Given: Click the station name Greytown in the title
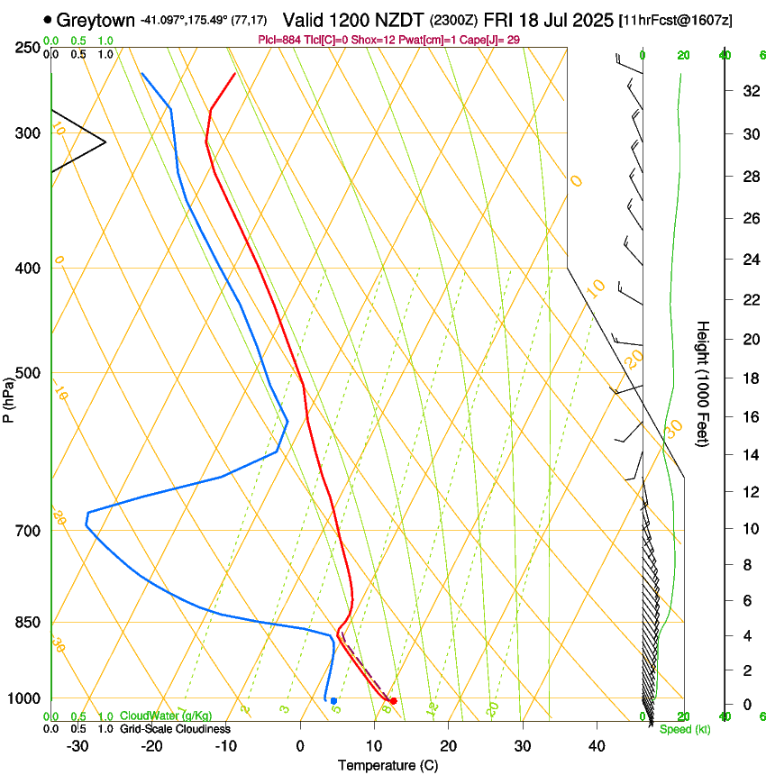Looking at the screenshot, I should pos(99,19).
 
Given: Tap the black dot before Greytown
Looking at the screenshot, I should pos(48,19).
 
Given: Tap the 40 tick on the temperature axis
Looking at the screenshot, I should pos(596,745).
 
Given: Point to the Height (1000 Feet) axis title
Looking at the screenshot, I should pos(704,383).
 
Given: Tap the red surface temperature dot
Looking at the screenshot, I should pos(393,700).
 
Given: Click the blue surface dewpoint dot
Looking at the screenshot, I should pos(333,700).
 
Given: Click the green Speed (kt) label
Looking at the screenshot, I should pos(685,729).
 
